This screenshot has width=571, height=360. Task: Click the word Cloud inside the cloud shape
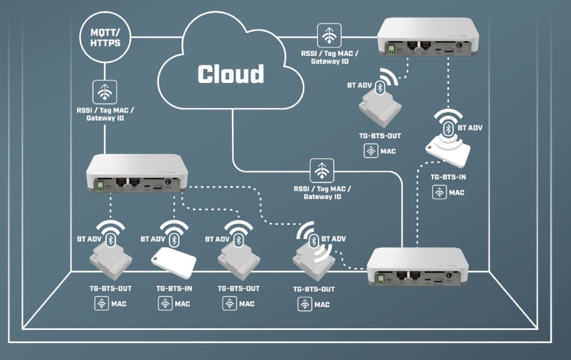click(231, 74)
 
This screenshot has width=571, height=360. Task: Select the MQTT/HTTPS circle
click(105, 39)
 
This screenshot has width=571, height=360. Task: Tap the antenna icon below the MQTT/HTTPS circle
click(105, 92)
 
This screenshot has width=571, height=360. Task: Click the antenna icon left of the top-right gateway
click(329, 35)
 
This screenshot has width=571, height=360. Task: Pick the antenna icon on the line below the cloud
click(321, 171)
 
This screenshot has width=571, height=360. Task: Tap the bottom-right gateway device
click(417, 268)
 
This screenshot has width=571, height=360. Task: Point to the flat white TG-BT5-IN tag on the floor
click(174, 260)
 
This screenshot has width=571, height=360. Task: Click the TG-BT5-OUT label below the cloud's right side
click(380, 136)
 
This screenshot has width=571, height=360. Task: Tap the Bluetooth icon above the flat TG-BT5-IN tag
click(174, 239)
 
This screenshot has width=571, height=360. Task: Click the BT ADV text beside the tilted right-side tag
click(470, 128)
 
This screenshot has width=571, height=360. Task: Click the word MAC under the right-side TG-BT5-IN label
click(457, 192)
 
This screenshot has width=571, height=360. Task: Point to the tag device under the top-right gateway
click(379, 110)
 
